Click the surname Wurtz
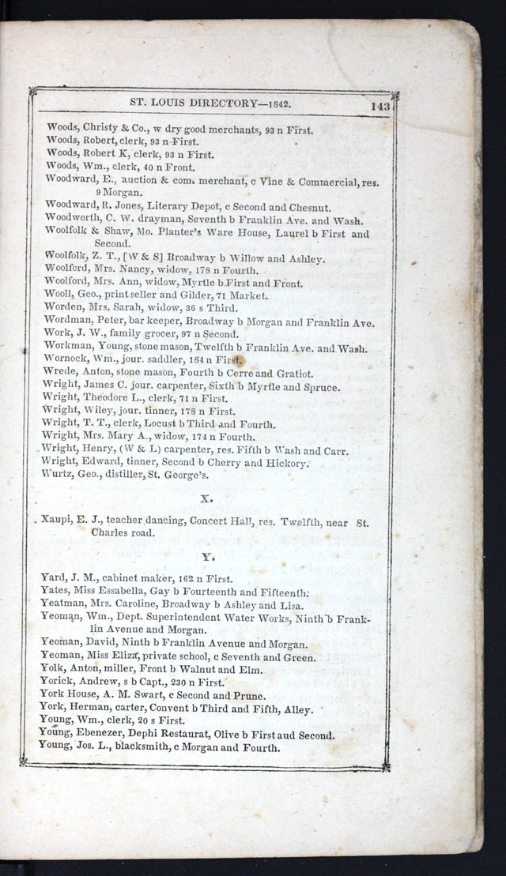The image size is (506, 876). pyautogui.click(x=57, y=474)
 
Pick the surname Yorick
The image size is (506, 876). pyautogui.click(x=57, y=682)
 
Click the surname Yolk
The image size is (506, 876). pyautogui.click(x=53, y=669)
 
